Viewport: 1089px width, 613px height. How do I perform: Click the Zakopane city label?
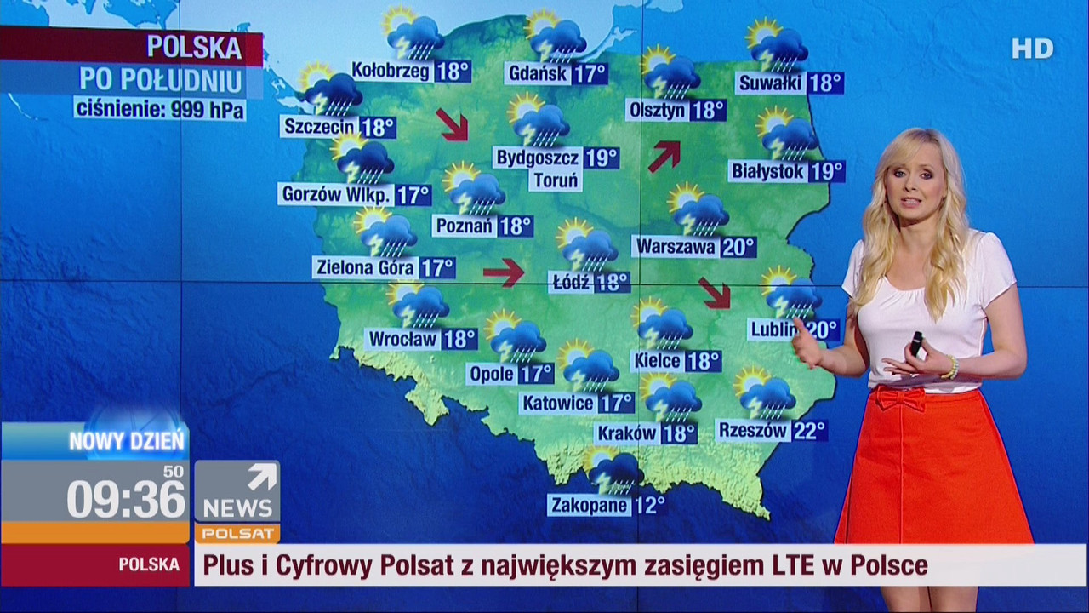click(x=589, y=505)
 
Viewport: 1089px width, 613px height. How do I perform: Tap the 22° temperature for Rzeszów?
click(x=808, y=431)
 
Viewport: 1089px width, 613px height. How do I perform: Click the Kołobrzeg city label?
click(x=391, y=71)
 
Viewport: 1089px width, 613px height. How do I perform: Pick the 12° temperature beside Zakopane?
click(x=649, y=505)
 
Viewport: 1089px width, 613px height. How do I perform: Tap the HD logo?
click(x=1032, y=49)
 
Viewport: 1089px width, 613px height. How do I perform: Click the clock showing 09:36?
click(x=126, y=499)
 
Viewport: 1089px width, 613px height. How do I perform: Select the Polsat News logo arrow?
click(x=261, y=477)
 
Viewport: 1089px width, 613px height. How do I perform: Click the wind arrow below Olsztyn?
click(x=664, y=156)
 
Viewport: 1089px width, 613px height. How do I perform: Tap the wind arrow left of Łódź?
click(x=503, y=272)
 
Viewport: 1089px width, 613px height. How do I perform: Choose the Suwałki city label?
click(x=771, y=83)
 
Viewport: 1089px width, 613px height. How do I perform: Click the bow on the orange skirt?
click(x=900, y=398)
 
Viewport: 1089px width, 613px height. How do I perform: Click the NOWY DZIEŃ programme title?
click(x=126, y=441)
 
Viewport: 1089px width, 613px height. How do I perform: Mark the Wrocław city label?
click(x=403, y=339)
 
